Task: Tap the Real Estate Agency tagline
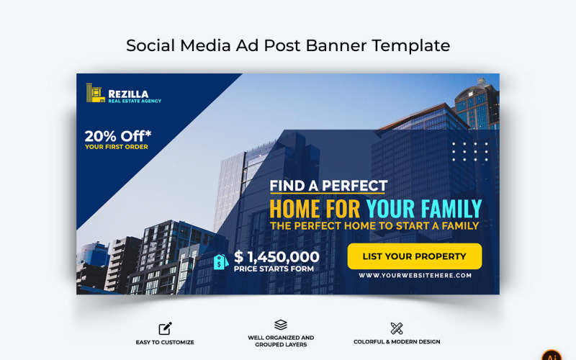(135, 101)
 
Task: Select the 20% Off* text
(119, 135)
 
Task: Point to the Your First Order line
(117, 147)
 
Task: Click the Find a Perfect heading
(328, 186)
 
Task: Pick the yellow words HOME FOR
(315, 210)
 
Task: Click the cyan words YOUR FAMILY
(423, 210)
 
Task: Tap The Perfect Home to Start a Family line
(374, 225)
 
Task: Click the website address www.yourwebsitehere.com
(415, 275)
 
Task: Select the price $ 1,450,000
(276, 257)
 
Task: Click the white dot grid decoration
(469, 152)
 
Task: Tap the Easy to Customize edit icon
(165, 328)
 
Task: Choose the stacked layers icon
(281, 325)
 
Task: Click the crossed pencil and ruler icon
(397, 328)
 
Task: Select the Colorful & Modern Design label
(397, 342)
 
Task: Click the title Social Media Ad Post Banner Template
(288, 45)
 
